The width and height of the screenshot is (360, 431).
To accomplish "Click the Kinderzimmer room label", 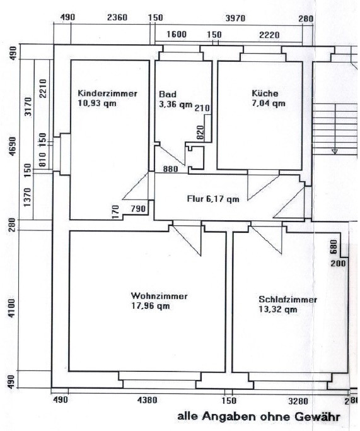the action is click(107, 93).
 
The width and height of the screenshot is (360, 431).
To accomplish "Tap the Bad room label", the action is click(168, 94).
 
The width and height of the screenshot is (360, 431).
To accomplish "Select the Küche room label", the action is click(265, 93).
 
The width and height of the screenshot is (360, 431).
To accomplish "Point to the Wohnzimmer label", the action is click(160, 296).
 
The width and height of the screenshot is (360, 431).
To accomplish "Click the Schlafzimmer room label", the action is click(287, 299).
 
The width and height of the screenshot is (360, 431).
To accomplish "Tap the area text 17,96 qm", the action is click(151, 306).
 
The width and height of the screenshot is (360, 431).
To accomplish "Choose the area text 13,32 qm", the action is click(278, 309).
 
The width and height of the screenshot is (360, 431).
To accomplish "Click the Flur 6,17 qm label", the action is click(213, 199).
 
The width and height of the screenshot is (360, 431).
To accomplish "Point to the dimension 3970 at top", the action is click(235, 18).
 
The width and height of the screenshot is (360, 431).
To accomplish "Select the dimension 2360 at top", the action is click(117, 18).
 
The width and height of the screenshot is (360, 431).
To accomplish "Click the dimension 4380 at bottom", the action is click(147, 399).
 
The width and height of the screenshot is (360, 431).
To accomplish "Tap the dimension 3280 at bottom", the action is click(298, 401).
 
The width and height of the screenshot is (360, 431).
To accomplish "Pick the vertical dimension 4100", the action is click(11, 308).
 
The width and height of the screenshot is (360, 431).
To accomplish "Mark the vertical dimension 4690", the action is click(13, 146).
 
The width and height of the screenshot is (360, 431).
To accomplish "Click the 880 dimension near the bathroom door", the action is click(170, 168).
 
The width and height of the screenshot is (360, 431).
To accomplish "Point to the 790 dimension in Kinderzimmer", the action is click(138, 209).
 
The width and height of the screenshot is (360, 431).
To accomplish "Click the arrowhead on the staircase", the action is click(335, 151).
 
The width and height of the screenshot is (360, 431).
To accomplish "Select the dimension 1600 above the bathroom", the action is click(177, 34).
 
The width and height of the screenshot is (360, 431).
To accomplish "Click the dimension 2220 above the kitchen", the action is click(269, 35).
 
